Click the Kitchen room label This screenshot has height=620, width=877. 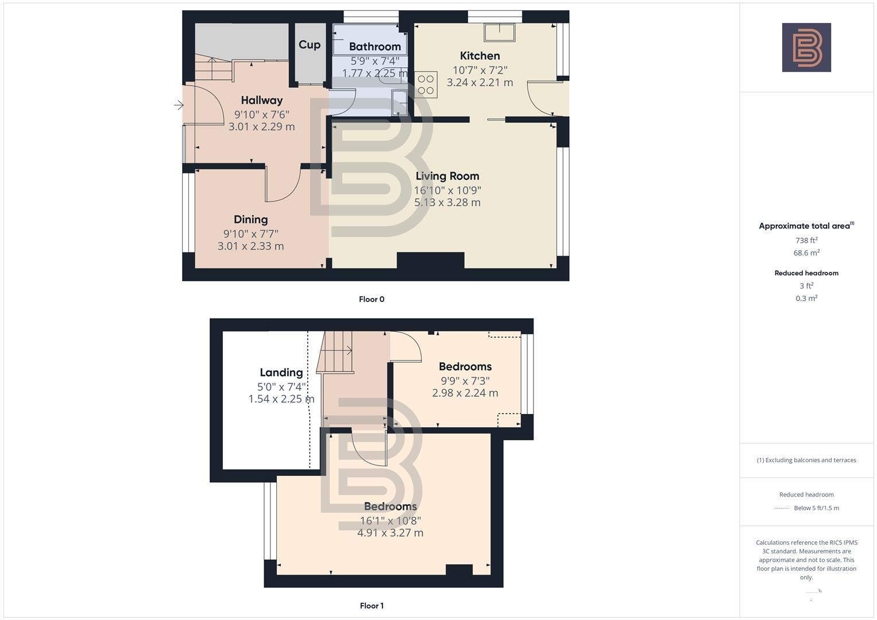coord(480,56)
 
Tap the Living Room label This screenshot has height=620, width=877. coord(447,176)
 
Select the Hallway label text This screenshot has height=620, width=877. coord(261,100)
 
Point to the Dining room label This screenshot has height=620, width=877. coord(250,219)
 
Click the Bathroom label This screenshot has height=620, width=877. coord(374,46)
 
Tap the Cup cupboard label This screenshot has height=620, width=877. coord(309,45)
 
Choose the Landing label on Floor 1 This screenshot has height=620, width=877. coord(281,373)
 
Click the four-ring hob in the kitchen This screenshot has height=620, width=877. coord(426,84)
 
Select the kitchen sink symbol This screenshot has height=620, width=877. coord(500,32)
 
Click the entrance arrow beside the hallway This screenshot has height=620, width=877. coord(179,105)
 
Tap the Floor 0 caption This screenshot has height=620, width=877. coord(372,299)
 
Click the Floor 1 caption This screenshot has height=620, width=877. coord(372,606)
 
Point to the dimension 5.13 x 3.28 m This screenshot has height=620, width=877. coord(447,203)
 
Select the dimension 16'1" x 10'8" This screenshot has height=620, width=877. coord(390,521)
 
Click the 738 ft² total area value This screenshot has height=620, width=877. coord(806,241)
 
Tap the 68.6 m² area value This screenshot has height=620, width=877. coord(806,253)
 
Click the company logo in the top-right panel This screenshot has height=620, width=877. coord(806,48)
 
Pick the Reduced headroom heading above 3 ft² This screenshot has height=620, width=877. coord(806,273)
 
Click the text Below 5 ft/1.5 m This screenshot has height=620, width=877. coord(816,508)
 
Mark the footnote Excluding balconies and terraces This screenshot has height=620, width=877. coord(806,460)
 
